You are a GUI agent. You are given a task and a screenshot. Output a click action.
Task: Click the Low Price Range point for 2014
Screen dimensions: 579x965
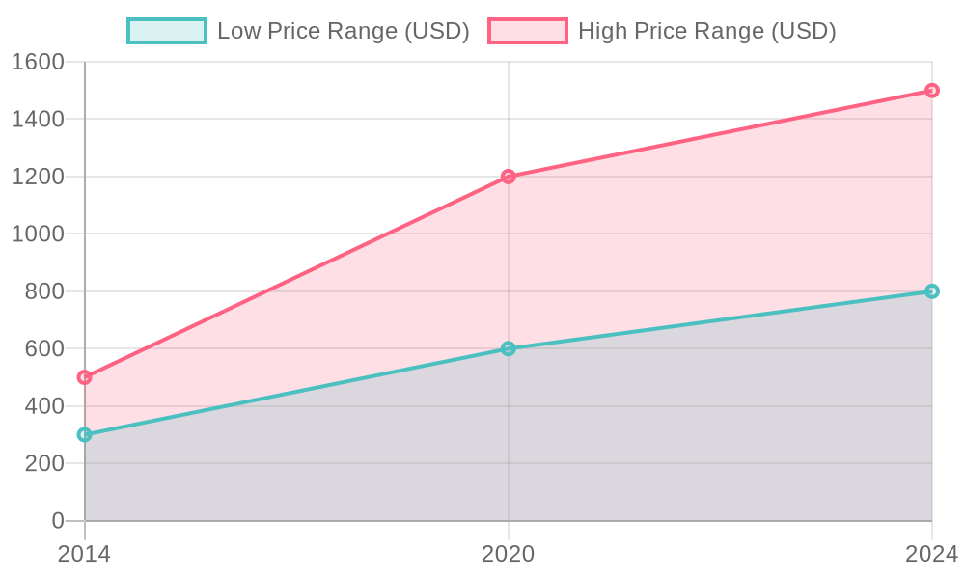coord(85,435)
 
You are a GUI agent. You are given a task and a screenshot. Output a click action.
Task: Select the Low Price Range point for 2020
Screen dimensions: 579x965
coord(509,348)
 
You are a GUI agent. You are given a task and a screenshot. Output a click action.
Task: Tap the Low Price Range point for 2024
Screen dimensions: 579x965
coord(931,291)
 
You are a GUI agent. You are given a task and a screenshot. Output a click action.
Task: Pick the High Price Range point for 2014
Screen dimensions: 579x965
coord(85,377)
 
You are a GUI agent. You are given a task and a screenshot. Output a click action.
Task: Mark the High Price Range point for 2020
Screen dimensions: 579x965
coord(509,177)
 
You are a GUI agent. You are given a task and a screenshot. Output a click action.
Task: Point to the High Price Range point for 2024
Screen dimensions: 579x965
coord(931,91)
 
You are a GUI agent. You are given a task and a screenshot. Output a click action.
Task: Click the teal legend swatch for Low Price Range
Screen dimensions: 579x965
coord(167,31)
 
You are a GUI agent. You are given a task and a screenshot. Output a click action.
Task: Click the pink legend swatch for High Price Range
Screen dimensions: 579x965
coord(528,31)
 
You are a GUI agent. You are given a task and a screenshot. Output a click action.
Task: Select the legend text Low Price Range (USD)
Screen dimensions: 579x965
coord(343,31)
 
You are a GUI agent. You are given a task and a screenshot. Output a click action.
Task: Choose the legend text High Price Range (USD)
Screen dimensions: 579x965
coord(706,31)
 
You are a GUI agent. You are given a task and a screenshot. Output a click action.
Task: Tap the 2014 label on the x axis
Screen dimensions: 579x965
coord(84,554)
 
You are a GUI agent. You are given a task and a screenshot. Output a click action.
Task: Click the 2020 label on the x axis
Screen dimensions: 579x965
coord(509,554)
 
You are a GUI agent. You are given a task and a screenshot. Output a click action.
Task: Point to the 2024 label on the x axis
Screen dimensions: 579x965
coord(930,554)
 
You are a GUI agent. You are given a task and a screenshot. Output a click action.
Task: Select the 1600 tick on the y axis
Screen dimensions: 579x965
coord(38,63)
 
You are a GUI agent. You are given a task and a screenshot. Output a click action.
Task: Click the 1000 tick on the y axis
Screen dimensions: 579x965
coord(38,234)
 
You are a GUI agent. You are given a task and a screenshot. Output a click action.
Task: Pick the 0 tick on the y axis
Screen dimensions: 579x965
coord(58,521)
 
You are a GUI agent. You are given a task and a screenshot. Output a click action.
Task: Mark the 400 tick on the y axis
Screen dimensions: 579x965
coord(43,406)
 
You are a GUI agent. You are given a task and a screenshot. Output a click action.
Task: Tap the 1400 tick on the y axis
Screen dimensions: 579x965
coord(38,120)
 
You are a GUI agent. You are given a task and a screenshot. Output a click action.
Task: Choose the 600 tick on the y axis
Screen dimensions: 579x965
coord(43,349)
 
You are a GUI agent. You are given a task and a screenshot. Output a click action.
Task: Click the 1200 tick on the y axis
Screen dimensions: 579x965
coord(38,178)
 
